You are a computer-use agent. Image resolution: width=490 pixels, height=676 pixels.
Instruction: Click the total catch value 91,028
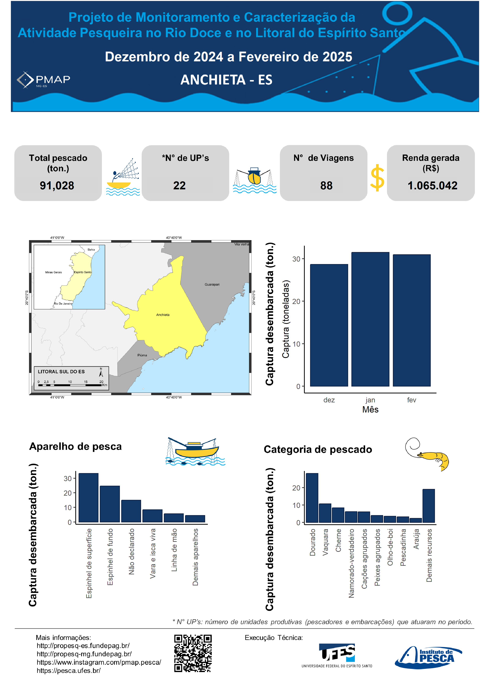coord(57,185)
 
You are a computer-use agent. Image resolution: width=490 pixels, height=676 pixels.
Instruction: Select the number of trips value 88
coord(326,185)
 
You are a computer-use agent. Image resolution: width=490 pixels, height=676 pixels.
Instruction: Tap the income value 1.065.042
coord(432,185)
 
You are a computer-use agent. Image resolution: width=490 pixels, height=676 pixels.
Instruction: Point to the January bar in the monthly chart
coord(370,319)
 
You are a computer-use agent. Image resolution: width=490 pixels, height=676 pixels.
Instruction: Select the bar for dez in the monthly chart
coord(329,325)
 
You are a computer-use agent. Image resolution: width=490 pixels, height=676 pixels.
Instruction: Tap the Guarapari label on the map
coord(212,284)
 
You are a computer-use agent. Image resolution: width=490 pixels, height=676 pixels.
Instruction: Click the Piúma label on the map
coord(142,355)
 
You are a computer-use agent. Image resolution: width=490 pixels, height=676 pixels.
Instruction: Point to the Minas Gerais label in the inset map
coord(53,272)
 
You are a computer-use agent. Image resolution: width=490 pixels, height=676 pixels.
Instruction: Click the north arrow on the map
coord(101,373)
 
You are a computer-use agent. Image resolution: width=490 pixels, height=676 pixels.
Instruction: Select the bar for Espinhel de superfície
coord(89,498)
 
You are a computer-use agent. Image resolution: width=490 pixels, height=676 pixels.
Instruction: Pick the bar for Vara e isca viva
coord(152,516)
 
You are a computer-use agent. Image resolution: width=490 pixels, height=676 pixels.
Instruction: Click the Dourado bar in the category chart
coord(312,498)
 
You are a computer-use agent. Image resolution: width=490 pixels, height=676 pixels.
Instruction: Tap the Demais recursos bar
coord(429,506)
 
